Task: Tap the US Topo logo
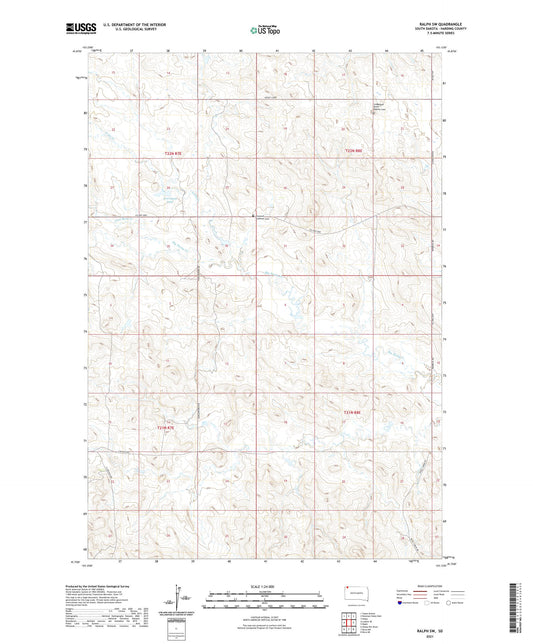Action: pos(263,31)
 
